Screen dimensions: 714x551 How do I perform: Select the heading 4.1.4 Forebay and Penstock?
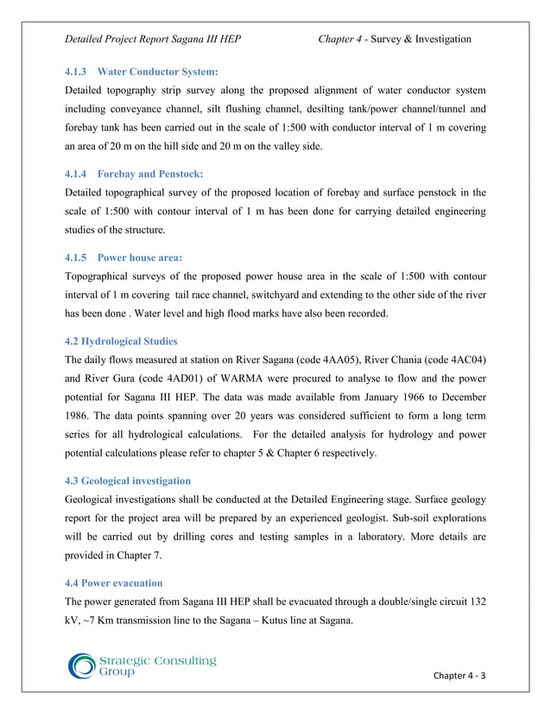(134, 173)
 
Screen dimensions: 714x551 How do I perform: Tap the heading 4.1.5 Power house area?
(123, 257)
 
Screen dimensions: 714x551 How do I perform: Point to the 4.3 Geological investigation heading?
(128, 480)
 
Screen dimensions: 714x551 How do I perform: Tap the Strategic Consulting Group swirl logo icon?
(83, 666)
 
